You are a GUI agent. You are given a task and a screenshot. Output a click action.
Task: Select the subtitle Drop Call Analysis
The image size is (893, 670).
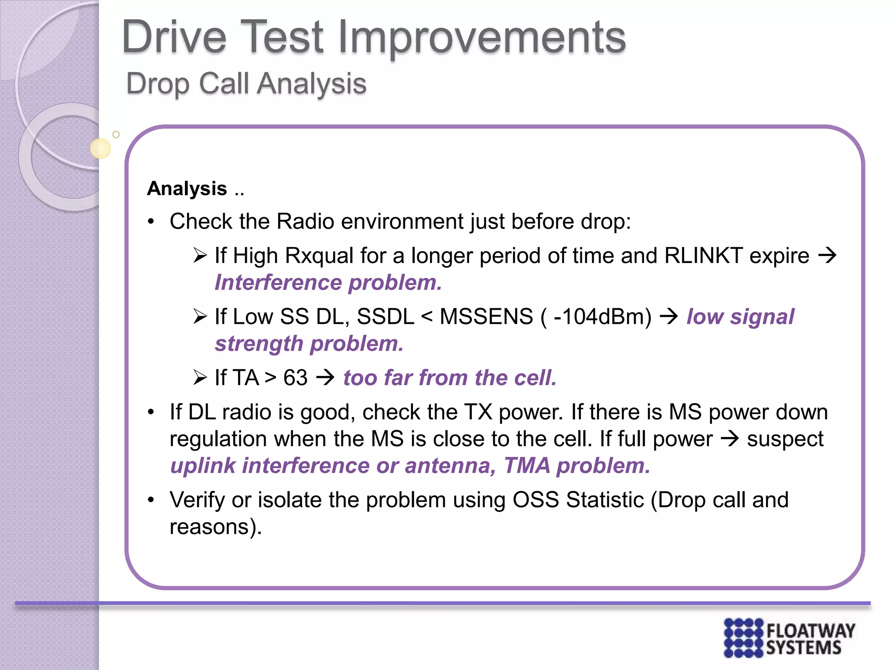tap(246, 83)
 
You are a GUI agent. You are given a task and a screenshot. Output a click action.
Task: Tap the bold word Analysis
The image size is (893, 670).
tap(187, 189)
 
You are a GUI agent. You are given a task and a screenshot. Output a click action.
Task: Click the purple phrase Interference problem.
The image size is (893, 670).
tap(328, 283)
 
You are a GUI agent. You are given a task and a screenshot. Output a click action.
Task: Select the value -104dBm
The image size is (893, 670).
tap(602, 317)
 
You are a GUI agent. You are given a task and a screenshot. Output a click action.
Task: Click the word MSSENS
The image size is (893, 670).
tap(486, 317)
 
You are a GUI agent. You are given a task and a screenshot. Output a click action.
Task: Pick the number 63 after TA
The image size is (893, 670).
tap(295, 378)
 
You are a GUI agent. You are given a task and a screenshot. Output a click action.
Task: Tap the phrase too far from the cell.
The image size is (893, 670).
tap(450, 378)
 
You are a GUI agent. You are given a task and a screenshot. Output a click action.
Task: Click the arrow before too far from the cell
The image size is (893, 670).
tap(325, 377)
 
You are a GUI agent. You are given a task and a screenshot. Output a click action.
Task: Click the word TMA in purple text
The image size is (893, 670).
tap(527, 465)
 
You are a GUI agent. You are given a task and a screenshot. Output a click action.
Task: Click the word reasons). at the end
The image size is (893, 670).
tap(216, 527)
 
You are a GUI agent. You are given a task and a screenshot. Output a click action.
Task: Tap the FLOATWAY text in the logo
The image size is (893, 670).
tap(811, 631)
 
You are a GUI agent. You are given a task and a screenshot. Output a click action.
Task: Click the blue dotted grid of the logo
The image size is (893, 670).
tap(743, 638)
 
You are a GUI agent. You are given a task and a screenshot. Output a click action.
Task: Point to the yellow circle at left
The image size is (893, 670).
tap(100, 148)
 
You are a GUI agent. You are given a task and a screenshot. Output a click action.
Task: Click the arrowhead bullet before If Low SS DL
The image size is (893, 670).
tap(200, 317)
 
